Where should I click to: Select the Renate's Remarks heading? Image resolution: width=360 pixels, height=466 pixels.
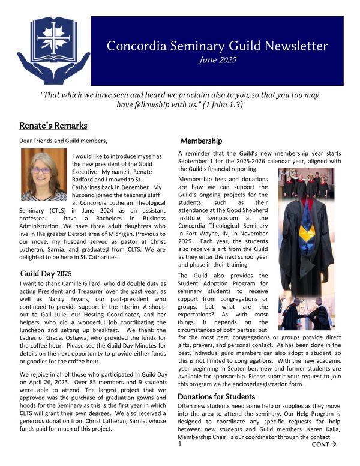pyautogui.click(x=53, y=126)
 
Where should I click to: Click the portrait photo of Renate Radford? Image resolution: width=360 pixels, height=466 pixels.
pyautogui.click(x=44, y=174)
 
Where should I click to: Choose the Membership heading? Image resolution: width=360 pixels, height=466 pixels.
pyautogui.click(x=202, y=141)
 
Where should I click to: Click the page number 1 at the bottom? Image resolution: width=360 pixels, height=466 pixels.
pyautogui.click(x=179, y=445)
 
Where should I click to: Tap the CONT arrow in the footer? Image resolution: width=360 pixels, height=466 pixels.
pyautogui.click(x=324, y=445)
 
